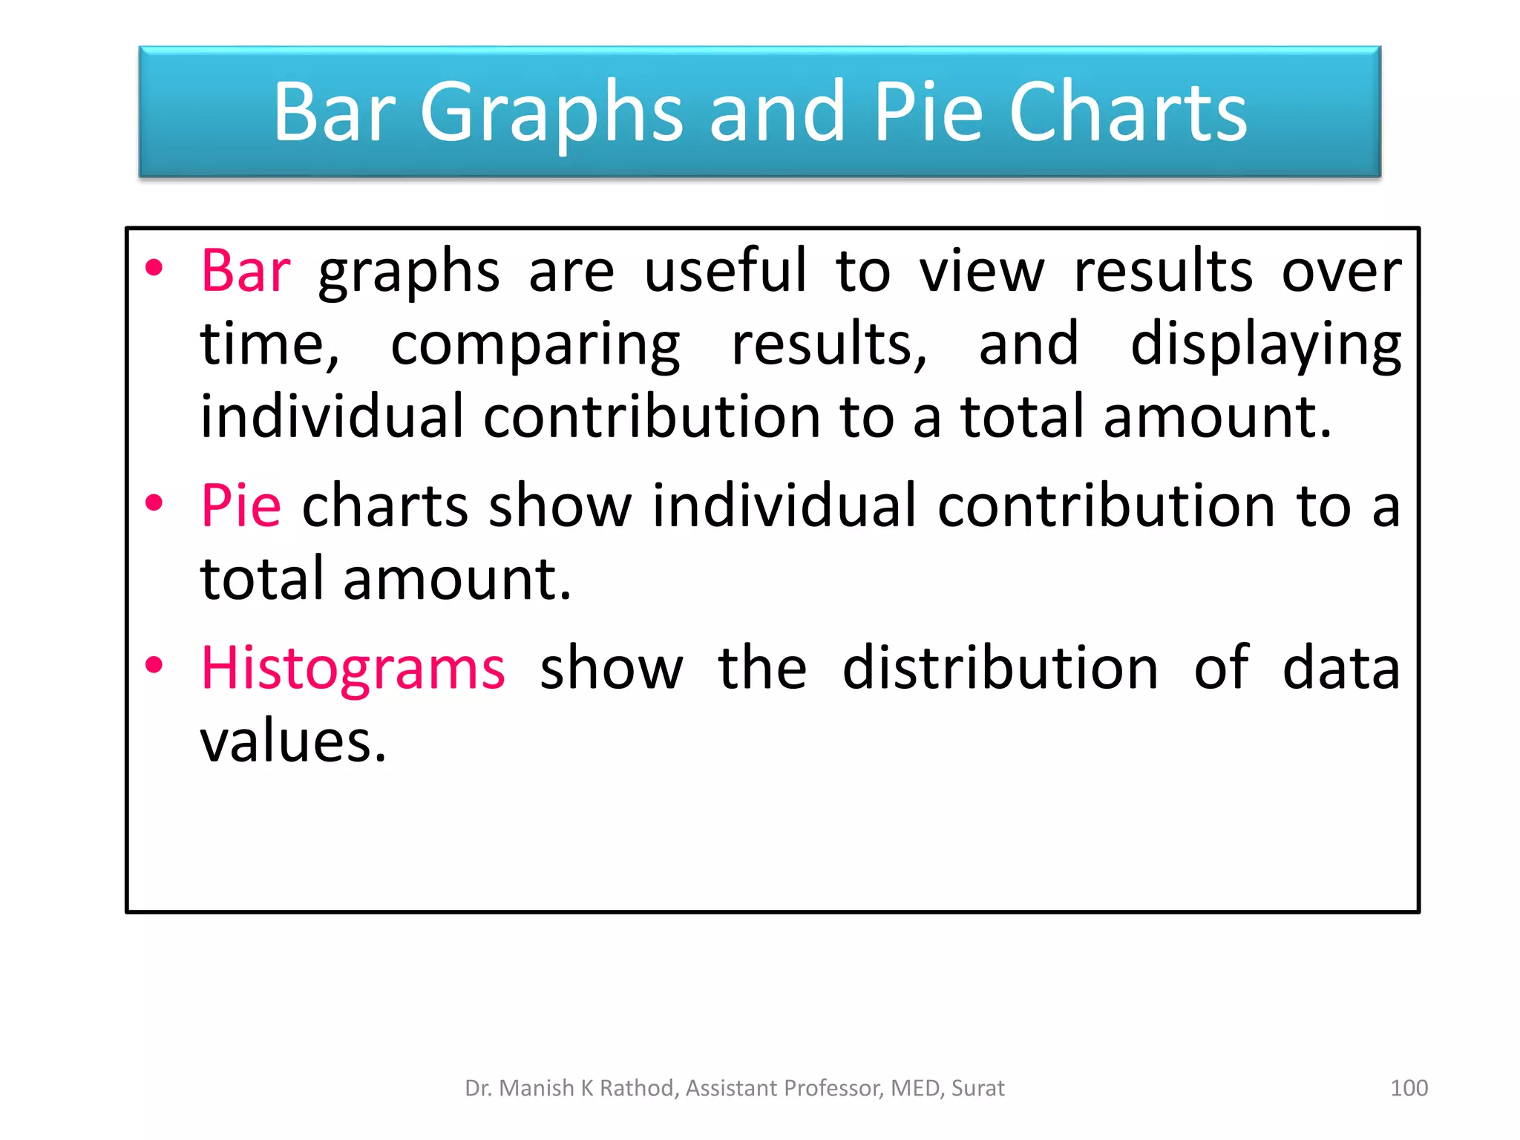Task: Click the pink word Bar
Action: [x=246, y=271]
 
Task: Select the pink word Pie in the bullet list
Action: [x=240, y=506]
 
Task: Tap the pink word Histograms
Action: [x=353, y=669]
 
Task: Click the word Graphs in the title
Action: [x=551, y=113]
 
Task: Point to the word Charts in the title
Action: [x=1127, y=113]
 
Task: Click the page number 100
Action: [x=1408, y=1088]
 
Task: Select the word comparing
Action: [x=535, y=345]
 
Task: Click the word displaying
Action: [x=1265, y=345]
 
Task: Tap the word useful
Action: [x=724, y=271]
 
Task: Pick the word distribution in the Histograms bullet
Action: [x=1000, y=669]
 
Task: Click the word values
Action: [x=293, y=741]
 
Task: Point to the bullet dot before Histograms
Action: [x=154, y=666]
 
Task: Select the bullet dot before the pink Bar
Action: [x=154, y=268]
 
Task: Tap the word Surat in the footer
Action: [x=977, y=1088]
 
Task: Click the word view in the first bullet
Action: [x=982, y=271]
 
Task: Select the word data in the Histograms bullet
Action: [x=1340, y=669]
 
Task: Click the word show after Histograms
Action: [x=611, y=669]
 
